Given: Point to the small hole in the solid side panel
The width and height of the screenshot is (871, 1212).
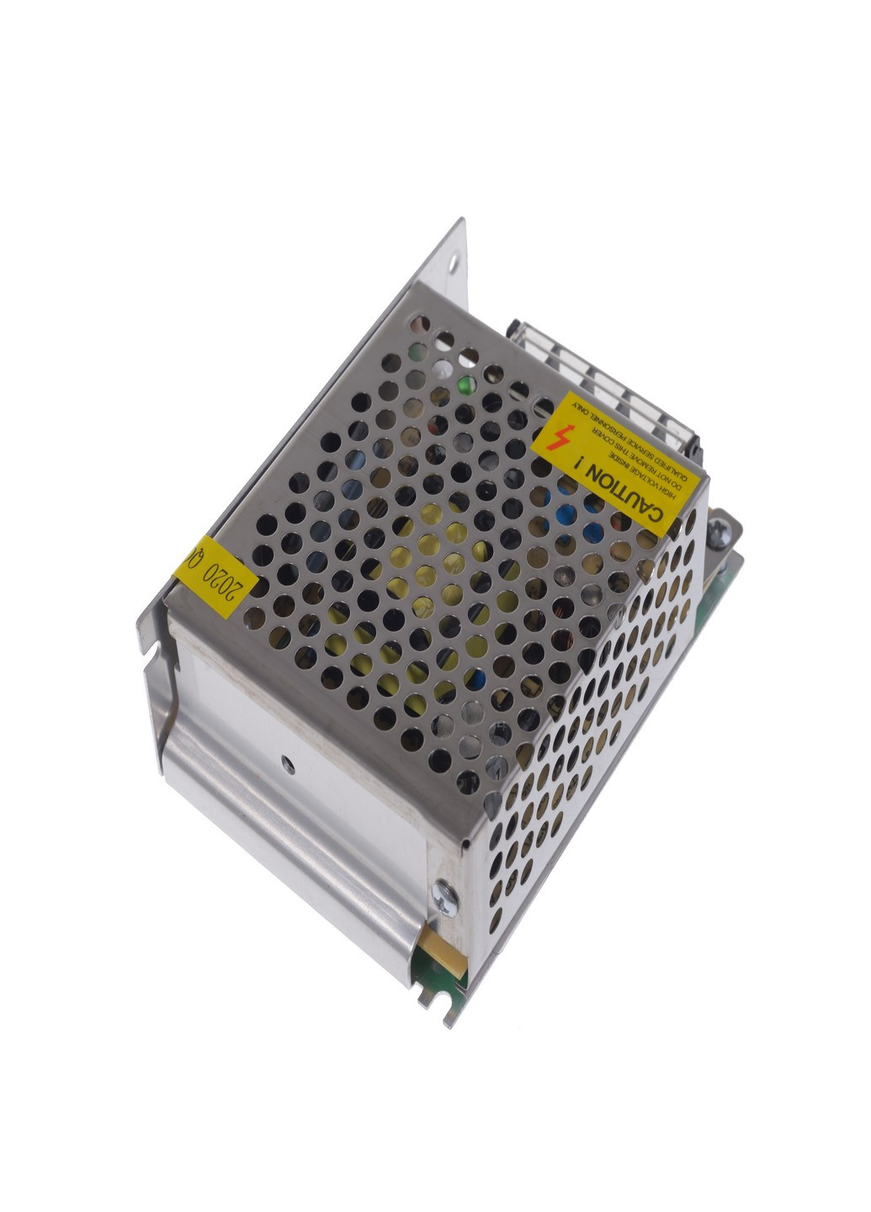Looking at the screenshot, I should coord(288,764).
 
